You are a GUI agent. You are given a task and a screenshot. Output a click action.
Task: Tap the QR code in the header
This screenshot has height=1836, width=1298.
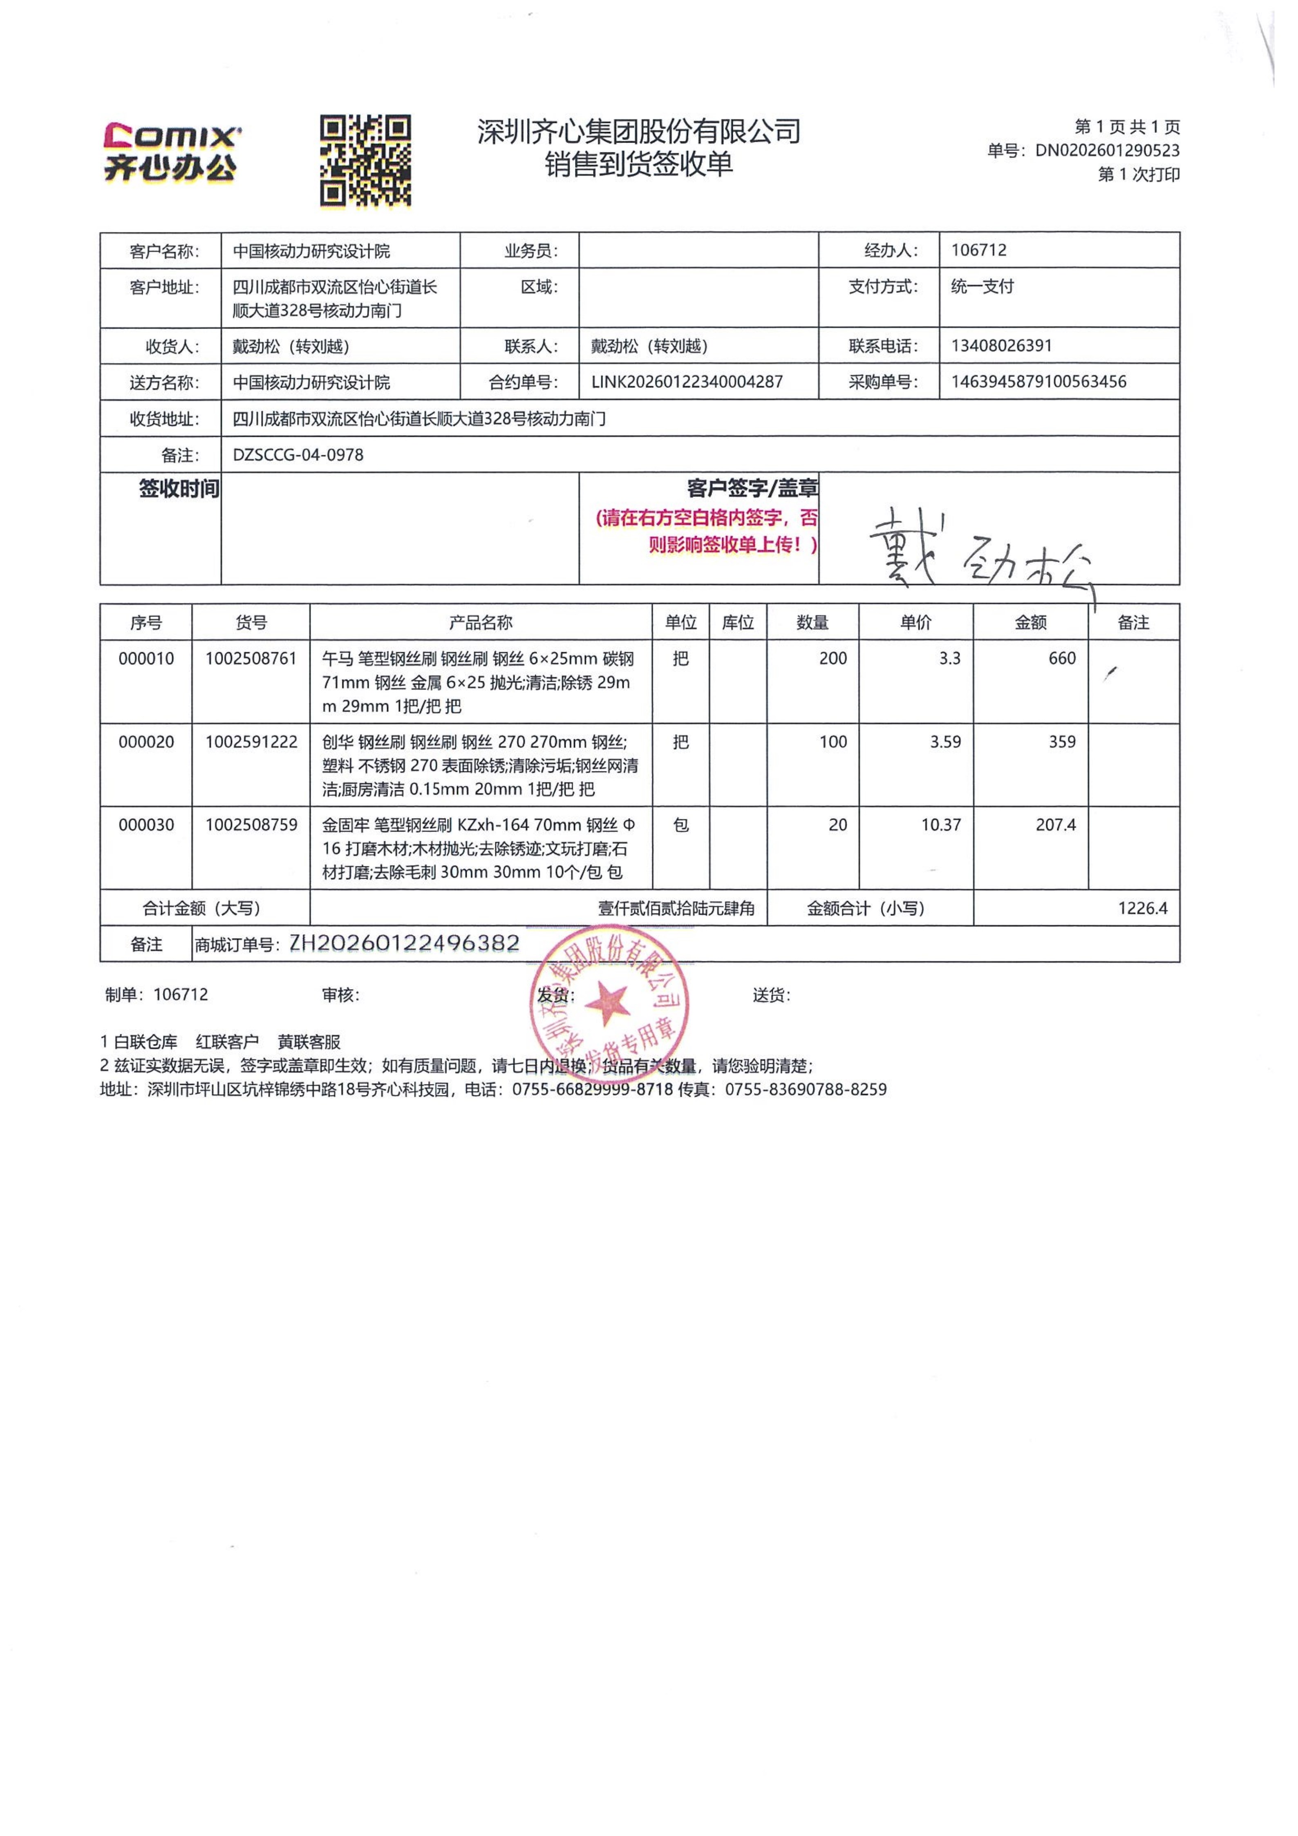[x=365, y=160]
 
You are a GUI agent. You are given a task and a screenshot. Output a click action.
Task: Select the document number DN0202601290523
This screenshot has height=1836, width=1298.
[x=1107, y=150]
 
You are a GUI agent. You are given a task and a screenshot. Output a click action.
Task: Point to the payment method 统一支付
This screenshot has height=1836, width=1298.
[x=982, y=286]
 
